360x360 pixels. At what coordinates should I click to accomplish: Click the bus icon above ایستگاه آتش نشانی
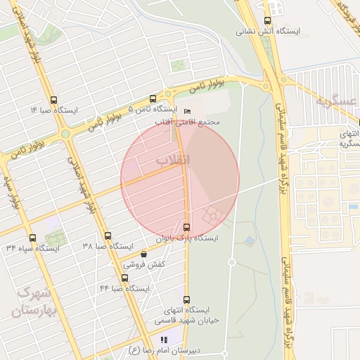point(267,21)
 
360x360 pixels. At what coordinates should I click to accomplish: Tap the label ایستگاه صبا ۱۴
point(53,110)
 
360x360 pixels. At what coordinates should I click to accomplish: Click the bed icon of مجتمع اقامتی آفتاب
point(186,112)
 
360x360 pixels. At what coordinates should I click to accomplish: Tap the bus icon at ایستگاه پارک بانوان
point(186,227)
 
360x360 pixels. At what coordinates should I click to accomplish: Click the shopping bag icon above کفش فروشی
point(145,254)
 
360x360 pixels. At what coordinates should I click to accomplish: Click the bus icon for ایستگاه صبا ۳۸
point(108,236)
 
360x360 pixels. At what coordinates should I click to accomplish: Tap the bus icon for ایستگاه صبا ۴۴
point(124,278)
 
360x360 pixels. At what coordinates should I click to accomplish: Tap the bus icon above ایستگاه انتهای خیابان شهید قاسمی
point(186,300)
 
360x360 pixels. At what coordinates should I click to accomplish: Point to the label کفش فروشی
point(145,264)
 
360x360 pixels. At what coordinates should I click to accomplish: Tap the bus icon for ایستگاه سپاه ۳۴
point(32,237)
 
